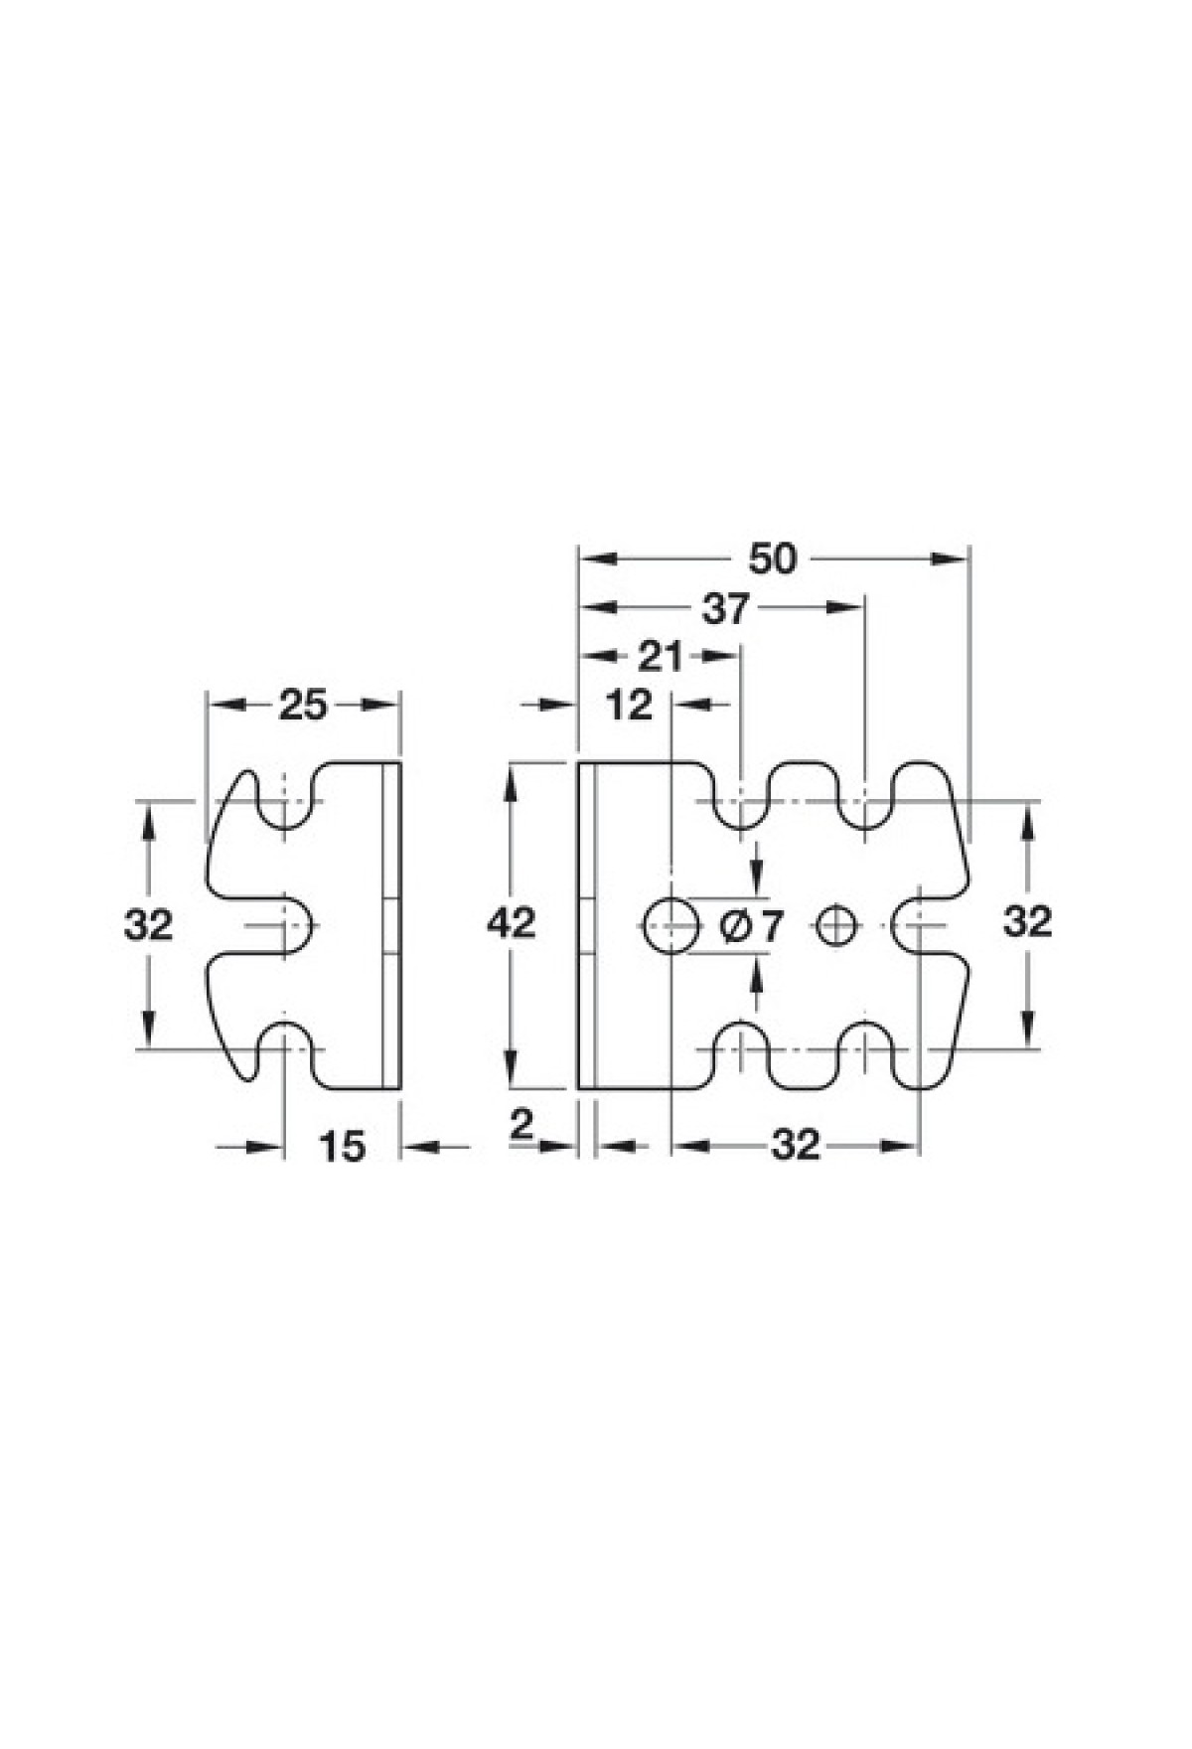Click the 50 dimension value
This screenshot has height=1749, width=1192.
click(773, 559)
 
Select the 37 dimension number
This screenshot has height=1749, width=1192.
click(727, 608)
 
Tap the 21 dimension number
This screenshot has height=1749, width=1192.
click(661, 656)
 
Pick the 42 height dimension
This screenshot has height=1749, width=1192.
click(511, 923)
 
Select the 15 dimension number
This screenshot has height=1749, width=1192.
click(343, 1147)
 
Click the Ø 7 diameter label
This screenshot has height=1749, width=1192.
click(751, 927)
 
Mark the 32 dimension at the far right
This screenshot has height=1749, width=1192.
click(1027, 922)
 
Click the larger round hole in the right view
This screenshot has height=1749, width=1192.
click(670, 925)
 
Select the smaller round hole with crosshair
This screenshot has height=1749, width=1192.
click(837, 925)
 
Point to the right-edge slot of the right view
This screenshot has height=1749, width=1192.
click(925, 925)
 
